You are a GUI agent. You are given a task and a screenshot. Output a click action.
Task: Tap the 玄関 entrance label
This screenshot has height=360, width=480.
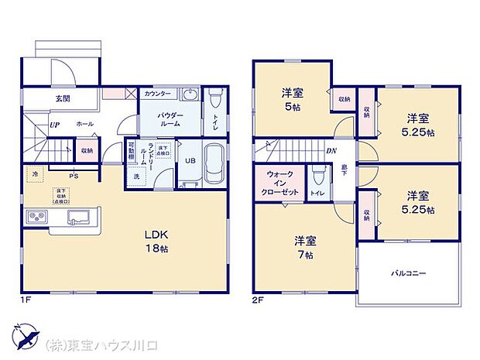coord(63,98)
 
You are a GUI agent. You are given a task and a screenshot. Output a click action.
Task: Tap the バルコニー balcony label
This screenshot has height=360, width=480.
coord(408,273)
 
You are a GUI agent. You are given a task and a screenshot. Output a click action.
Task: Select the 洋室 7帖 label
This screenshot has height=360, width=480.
coord(303,247)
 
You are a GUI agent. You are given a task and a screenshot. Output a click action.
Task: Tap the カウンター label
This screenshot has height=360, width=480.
coord(158,94)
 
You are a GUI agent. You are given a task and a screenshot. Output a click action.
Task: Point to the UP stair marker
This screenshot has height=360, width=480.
coord(54,124)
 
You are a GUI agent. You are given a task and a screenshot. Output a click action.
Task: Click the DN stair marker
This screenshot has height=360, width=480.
coord(331,151)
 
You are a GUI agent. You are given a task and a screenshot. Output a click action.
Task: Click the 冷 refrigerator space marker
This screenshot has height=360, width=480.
coord(34,174)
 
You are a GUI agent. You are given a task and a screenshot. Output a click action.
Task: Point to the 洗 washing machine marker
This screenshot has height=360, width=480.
coord(137,177)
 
